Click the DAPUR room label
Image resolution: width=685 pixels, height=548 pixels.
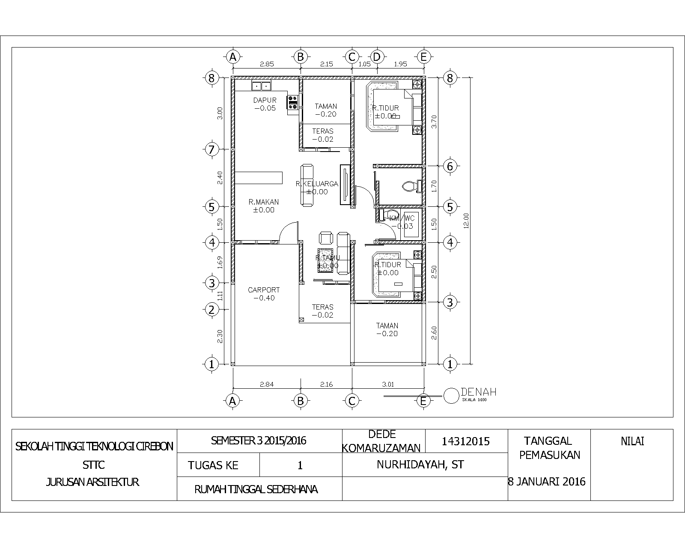point(265,101)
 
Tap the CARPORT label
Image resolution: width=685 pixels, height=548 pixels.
point(264,290)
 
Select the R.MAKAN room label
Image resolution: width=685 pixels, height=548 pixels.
point(264,202)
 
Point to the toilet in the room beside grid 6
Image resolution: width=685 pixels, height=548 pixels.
point(410,186)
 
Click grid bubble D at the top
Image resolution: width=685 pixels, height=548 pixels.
point(377,57)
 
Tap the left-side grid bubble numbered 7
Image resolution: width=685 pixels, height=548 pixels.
point(211,149)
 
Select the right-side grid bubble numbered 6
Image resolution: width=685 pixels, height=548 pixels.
point(450,166)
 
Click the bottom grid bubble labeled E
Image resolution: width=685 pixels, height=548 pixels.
point(423,401)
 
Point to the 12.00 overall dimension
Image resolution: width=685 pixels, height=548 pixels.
point(466,220)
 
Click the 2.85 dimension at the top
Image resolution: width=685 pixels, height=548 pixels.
point(267,64)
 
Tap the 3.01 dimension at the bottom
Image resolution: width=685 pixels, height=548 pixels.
point(388,384)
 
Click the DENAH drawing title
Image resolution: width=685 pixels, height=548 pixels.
point(478,392)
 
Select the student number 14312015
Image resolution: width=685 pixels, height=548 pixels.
point(465,441)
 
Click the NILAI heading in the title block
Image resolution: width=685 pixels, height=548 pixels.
point(632,441)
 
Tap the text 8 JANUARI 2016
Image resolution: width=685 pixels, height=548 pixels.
point(547,482)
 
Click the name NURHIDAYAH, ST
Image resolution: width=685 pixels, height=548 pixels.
point(420,465)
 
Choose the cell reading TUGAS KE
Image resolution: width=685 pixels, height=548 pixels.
point(213,465)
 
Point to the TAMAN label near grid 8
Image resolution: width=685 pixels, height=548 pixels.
point(326,106)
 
